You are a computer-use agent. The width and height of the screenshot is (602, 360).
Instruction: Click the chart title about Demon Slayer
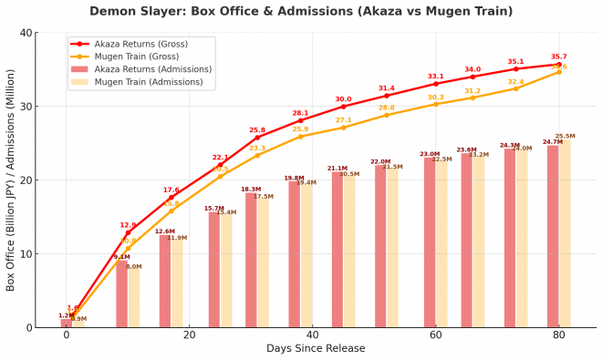click(301, 12)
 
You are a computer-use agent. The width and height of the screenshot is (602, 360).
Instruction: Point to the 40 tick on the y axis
click(26, 33)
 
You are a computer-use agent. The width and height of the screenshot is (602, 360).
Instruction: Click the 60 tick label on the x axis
click(435, 334)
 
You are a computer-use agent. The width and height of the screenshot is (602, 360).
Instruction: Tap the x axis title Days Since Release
click(316, 348)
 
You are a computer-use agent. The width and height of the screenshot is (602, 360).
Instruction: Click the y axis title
click(11, 180)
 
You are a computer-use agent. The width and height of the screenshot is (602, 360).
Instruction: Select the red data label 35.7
click(558, 57)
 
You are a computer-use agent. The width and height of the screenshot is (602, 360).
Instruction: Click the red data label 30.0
click(343, 99)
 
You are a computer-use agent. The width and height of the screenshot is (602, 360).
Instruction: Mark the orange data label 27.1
click(343, 120)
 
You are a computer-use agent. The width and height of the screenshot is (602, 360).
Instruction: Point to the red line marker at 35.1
click(515, 69)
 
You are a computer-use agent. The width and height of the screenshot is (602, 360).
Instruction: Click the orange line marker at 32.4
click(515, 88)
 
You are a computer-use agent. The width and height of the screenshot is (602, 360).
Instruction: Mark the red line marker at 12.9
click(128, 232)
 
